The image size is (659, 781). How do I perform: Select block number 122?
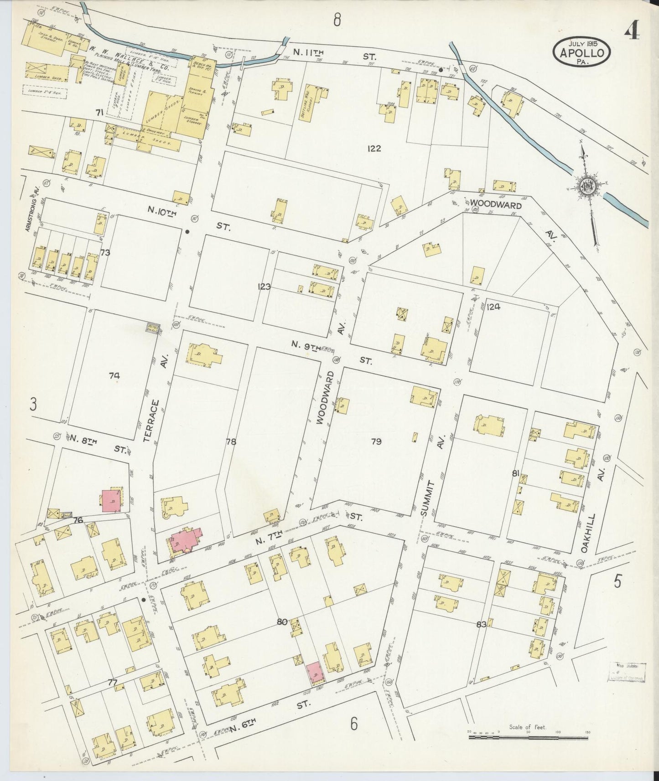pos(373,148)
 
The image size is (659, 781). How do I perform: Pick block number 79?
pos(376,441)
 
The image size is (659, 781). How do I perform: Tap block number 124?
pos(493,307)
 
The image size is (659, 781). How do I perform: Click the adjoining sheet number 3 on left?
pos(33,405)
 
